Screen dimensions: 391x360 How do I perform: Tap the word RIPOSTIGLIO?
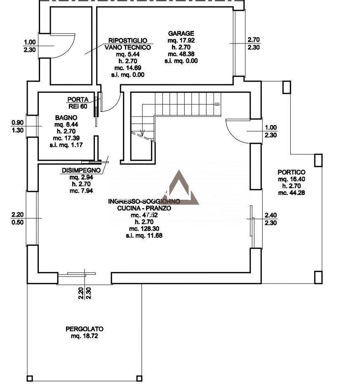pyautogui.click(x=127, y=40)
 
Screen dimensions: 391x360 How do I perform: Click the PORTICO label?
pyautogui.click(x=291, y=173)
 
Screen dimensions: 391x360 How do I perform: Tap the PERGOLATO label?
pyautogui.click(x=84, y=329)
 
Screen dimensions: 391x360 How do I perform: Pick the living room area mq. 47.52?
pyautogui.click(x=144, y=215)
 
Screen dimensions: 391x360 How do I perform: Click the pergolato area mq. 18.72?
pyautogui.click(x=84, y=336)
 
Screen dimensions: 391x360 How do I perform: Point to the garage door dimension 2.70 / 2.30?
pyautogui.click(x=253, y=43)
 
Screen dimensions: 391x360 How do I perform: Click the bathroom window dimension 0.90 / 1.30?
pyautogui.click(x=18, y=126)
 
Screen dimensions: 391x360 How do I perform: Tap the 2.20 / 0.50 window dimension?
pyautogui.click(x=18, y=218)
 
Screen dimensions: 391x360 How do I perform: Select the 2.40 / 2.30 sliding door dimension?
pyautogui.click(x=271, y=219)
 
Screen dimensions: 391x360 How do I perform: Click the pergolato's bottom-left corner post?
pyautogui.click(x=30, y=378)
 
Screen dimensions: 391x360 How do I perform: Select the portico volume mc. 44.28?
pyautogui.click(x=291, y=193)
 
